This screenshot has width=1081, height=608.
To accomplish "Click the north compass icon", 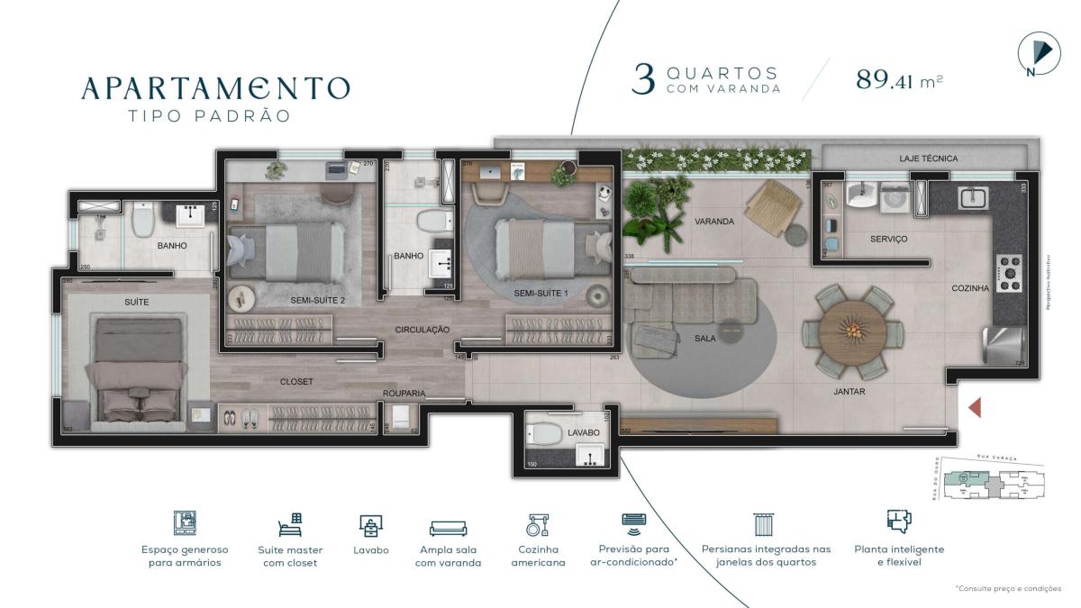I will (x=1037, y=55).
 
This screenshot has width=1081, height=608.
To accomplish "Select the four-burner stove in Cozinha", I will (x=1008, y=272).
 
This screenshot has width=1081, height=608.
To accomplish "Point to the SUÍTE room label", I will (x=137, y=302).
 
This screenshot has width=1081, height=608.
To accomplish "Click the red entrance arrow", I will (x=974, y=407).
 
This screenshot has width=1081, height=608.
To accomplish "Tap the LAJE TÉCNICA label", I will (x=928, y=159).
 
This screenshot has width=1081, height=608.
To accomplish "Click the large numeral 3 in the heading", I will (x=643, y=79).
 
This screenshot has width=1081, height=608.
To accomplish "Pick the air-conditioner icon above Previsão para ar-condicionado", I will (x=633, y=522).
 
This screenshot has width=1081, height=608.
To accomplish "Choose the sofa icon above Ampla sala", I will (x=448, y=527).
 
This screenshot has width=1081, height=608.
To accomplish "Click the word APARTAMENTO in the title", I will (x=215, y=87).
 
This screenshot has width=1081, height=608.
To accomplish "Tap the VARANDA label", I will (x=713, y=221).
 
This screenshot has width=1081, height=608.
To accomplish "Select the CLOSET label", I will (x=296, y=382).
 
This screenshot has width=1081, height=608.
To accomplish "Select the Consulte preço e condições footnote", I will (x=1008, y=588).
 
